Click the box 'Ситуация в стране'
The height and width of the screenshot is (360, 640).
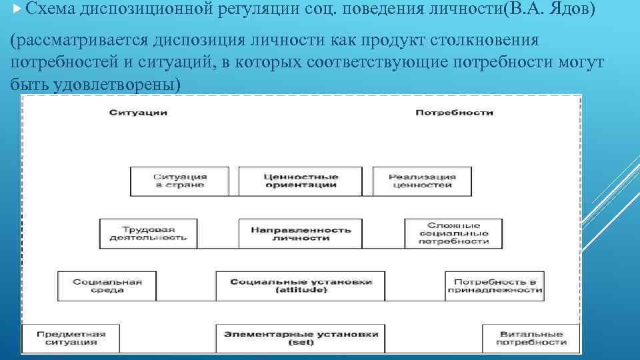pos(180,181)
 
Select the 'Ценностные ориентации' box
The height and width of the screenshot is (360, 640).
pos(300,181)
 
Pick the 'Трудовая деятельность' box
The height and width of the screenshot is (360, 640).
pos(149,233)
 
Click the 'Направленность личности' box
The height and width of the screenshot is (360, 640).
pos(300,233)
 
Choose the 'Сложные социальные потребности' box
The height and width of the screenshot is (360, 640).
pos(453,233)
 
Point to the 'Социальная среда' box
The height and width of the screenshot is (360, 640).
pos(107,286)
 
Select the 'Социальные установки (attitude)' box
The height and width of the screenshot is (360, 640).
pos(301,286)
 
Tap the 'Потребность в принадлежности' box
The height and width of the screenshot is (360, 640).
pos(494,286)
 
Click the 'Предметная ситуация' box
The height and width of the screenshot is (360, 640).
pos(72,338)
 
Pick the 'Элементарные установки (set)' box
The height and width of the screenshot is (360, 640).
pos(301,338)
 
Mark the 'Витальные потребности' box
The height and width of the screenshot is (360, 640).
pos(531,338)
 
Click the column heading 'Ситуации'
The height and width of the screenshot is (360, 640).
pos(139,113)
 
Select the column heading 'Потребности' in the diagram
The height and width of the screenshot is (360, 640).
pos(454,113)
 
